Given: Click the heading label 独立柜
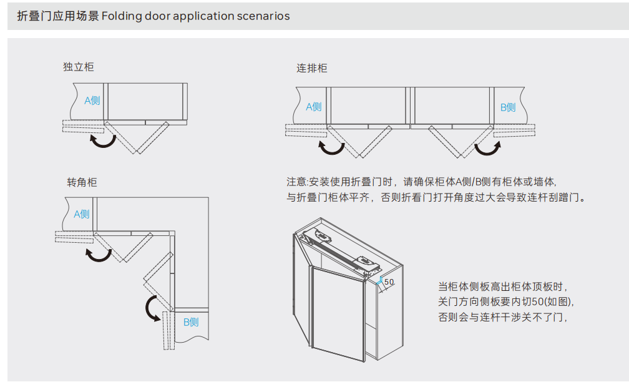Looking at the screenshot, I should pos(79,67).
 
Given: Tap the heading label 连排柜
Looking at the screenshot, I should pos(312,69).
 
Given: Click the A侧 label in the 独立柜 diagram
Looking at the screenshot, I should pos(92,100).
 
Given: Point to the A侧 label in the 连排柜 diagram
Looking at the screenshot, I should pos(313,107).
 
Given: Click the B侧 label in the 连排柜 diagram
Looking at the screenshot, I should pos(508,107).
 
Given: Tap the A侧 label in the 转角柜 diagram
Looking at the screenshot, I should pos(82,214).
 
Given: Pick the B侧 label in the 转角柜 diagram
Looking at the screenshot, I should pos(190,322).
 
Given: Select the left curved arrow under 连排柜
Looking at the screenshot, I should pos(331,148).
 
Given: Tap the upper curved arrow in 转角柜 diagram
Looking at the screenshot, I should pos(98,253).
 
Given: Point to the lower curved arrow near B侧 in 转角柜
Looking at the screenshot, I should pos(152,308).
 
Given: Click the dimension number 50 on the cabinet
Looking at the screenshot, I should pos(389,282).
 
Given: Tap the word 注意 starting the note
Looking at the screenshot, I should pos(296,182).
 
